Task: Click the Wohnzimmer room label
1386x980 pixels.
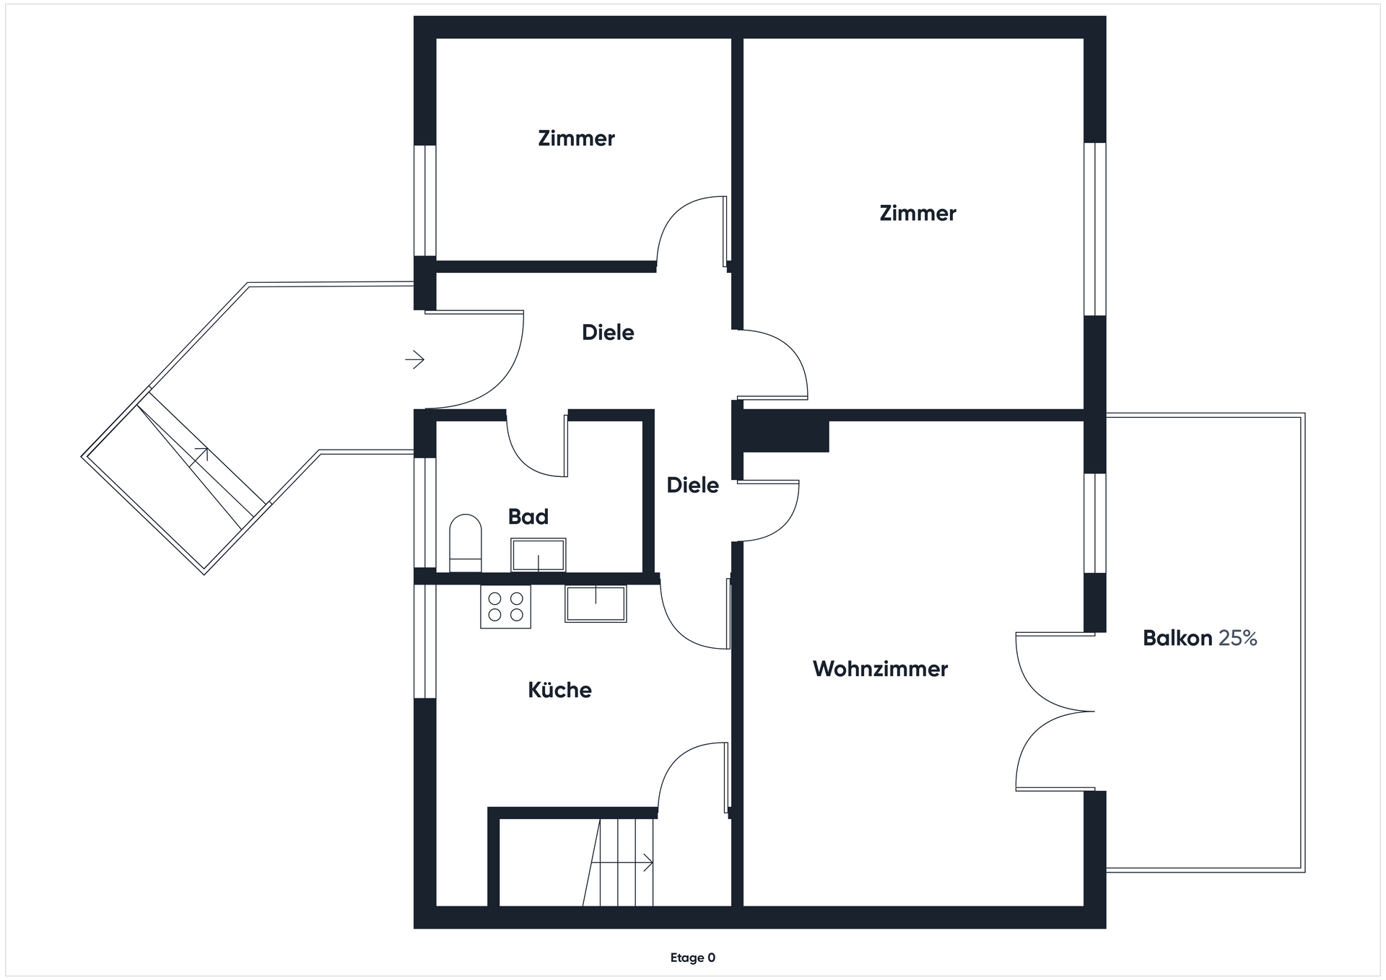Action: pos(880,669)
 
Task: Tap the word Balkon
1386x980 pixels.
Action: pos(1177,638)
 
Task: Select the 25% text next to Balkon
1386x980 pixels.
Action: pos(1238,638)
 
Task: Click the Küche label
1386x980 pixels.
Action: pos(559,690)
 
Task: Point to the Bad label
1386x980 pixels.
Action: pos(528,517)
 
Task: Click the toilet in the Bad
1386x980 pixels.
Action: pos(466,543)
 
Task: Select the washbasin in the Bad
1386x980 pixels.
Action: pos(539,555)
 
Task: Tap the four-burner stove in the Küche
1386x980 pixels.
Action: pos(505,606)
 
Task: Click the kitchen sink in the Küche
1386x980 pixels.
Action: pos(596,603)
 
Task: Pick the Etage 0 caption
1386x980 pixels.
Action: pos(693,958)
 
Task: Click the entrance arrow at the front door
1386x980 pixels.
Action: pos(414,359)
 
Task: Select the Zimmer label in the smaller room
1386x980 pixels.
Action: pos(576,139)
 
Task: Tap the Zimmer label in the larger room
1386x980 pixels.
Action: pos(918,214)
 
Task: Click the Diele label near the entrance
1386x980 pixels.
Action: pos(608,333)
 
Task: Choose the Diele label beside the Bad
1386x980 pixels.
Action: pos(692,485)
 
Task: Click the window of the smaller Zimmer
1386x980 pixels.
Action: pos(424,201)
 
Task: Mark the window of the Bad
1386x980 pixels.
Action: pos(424,512)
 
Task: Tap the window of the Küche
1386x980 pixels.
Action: pos(424,641)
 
